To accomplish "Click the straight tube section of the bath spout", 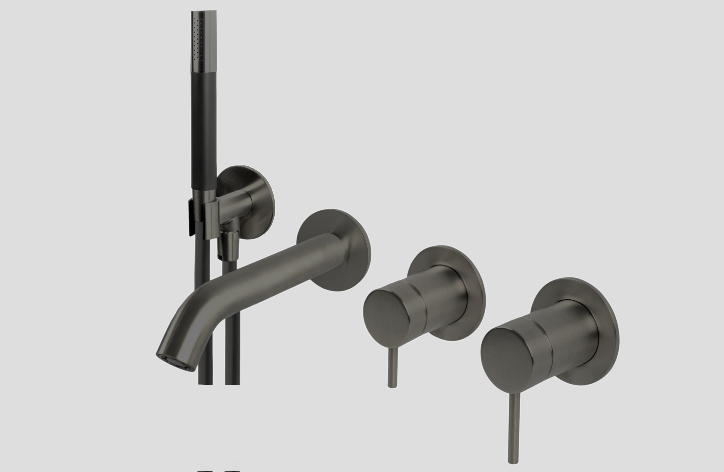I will click(x=274, y=274).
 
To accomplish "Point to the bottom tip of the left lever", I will click(x=392, y=386).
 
